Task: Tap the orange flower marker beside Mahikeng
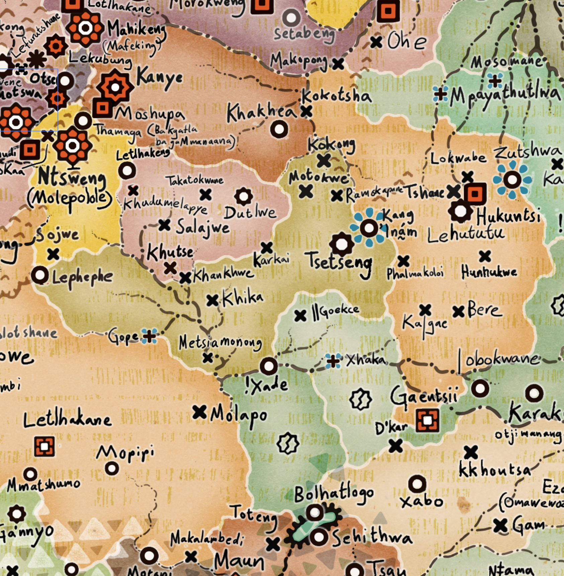(x=85, y=28)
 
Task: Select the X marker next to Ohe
(x=376, y=42)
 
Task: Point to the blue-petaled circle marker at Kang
(x=369, y=228)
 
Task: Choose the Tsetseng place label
(x=339, y=261)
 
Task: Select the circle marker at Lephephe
(x=40, y=275)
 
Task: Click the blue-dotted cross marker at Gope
(x=149, y=336)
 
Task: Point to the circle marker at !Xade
(x=269, y=366)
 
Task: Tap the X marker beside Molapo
(x=199, y=412)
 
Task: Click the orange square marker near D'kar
(x=427, y=420)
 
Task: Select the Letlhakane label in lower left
(x=67, y=420)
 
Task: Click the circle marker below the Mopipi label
(x=112, y=468)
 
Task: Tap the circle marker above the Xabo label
(x=417, y=484)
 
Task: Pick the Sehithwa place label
(x=371, y=538)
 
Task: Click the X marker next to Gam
(x=501, y=526)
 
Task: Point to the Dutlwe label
(x=250, y=213)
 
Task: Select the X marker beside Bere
(x=458, y=312)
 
